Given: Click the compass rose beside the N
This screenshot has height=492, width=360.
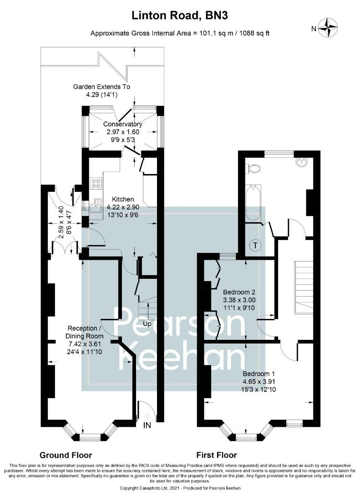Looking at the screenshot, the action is coord(328,28).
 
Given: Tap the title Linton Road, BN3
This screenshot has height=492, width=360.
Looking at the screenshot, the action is coord(180,15).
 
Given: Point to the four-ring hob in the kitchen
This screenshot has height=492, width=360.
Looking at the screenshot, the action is coord(96,183).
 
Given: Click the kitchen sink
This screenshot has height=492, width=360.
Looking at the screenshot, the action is coord(96,206).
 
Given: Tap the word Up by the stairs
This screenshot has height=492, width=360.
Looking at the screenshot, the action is coord(147,323).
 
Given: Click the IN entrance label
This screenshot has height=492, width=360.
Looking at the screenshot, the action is coord(147,425).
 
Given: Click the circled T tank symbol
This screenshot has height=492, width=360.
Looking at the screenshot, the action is coord(256,246).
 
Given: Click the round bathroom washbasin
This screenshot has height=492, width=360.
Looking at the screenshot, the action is coord(303,162).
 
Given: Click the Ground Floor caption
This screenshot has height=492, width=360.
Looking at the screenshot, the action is coord(66,455).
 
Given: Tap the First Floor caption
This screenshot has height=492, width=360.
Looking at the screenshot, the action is coord(217,455).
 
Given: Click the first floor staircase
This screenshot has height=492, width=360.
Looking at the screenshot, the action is coord(304,287).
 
